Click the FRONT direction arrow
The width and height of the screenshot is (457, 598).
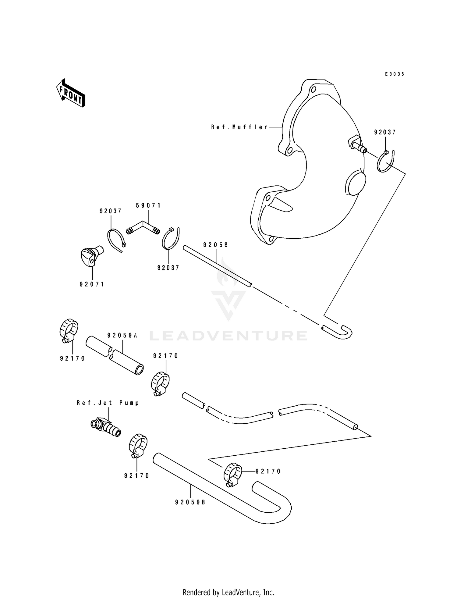pyautogui.click(x=70, y=93)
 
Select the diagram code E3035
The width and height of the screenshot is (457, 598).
pyautogui.click(x=395, y=74)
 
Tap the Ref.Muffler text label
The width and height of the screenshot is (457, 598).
pyautogui.click(x=239, y=127)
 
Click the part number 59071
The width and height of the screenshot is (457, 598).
pyautogui.click(x=148, y=206)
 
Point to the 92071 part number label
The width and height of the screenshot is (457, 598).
pyautogui.click(x=92, y=284)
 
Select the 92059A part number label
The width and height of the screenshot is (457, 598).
pyautogui.click(x=122, y=336)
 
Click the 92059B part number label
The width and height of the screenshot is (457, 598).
pyautogui.click(x=190, y=503)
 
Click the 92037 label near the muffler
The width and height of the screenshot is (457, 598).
pyautogui.click(x=385, y=132)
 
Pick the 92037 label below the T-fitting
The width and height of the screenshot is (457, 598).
pyautogui.click(x=168, y=268)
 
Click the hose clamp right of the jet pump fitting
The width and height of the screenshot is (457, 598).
pyautogui.click(x=138, y=445)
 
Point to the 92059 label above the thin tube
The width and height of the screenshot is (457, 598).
pyautogui.click(x=216, y=245)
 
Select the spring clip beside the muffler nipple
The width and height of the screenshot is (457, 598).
pyautogui.click(x=386, y=162)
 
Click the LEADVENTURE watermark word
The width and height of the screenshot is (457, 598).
pyautogui.click(x=228, y=336)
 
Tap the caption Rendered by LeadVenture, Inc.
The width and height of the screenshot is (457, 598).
pyautogui.click(x=228, y=592)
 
